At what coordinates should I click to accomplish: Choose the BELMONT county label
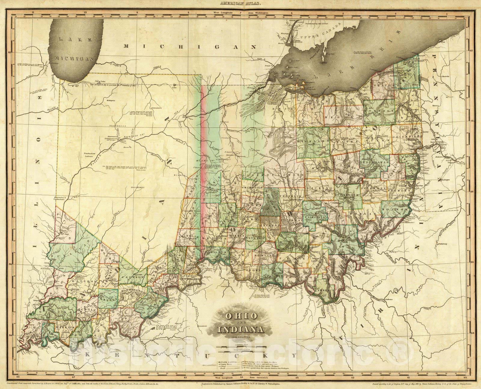(401, 191)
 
